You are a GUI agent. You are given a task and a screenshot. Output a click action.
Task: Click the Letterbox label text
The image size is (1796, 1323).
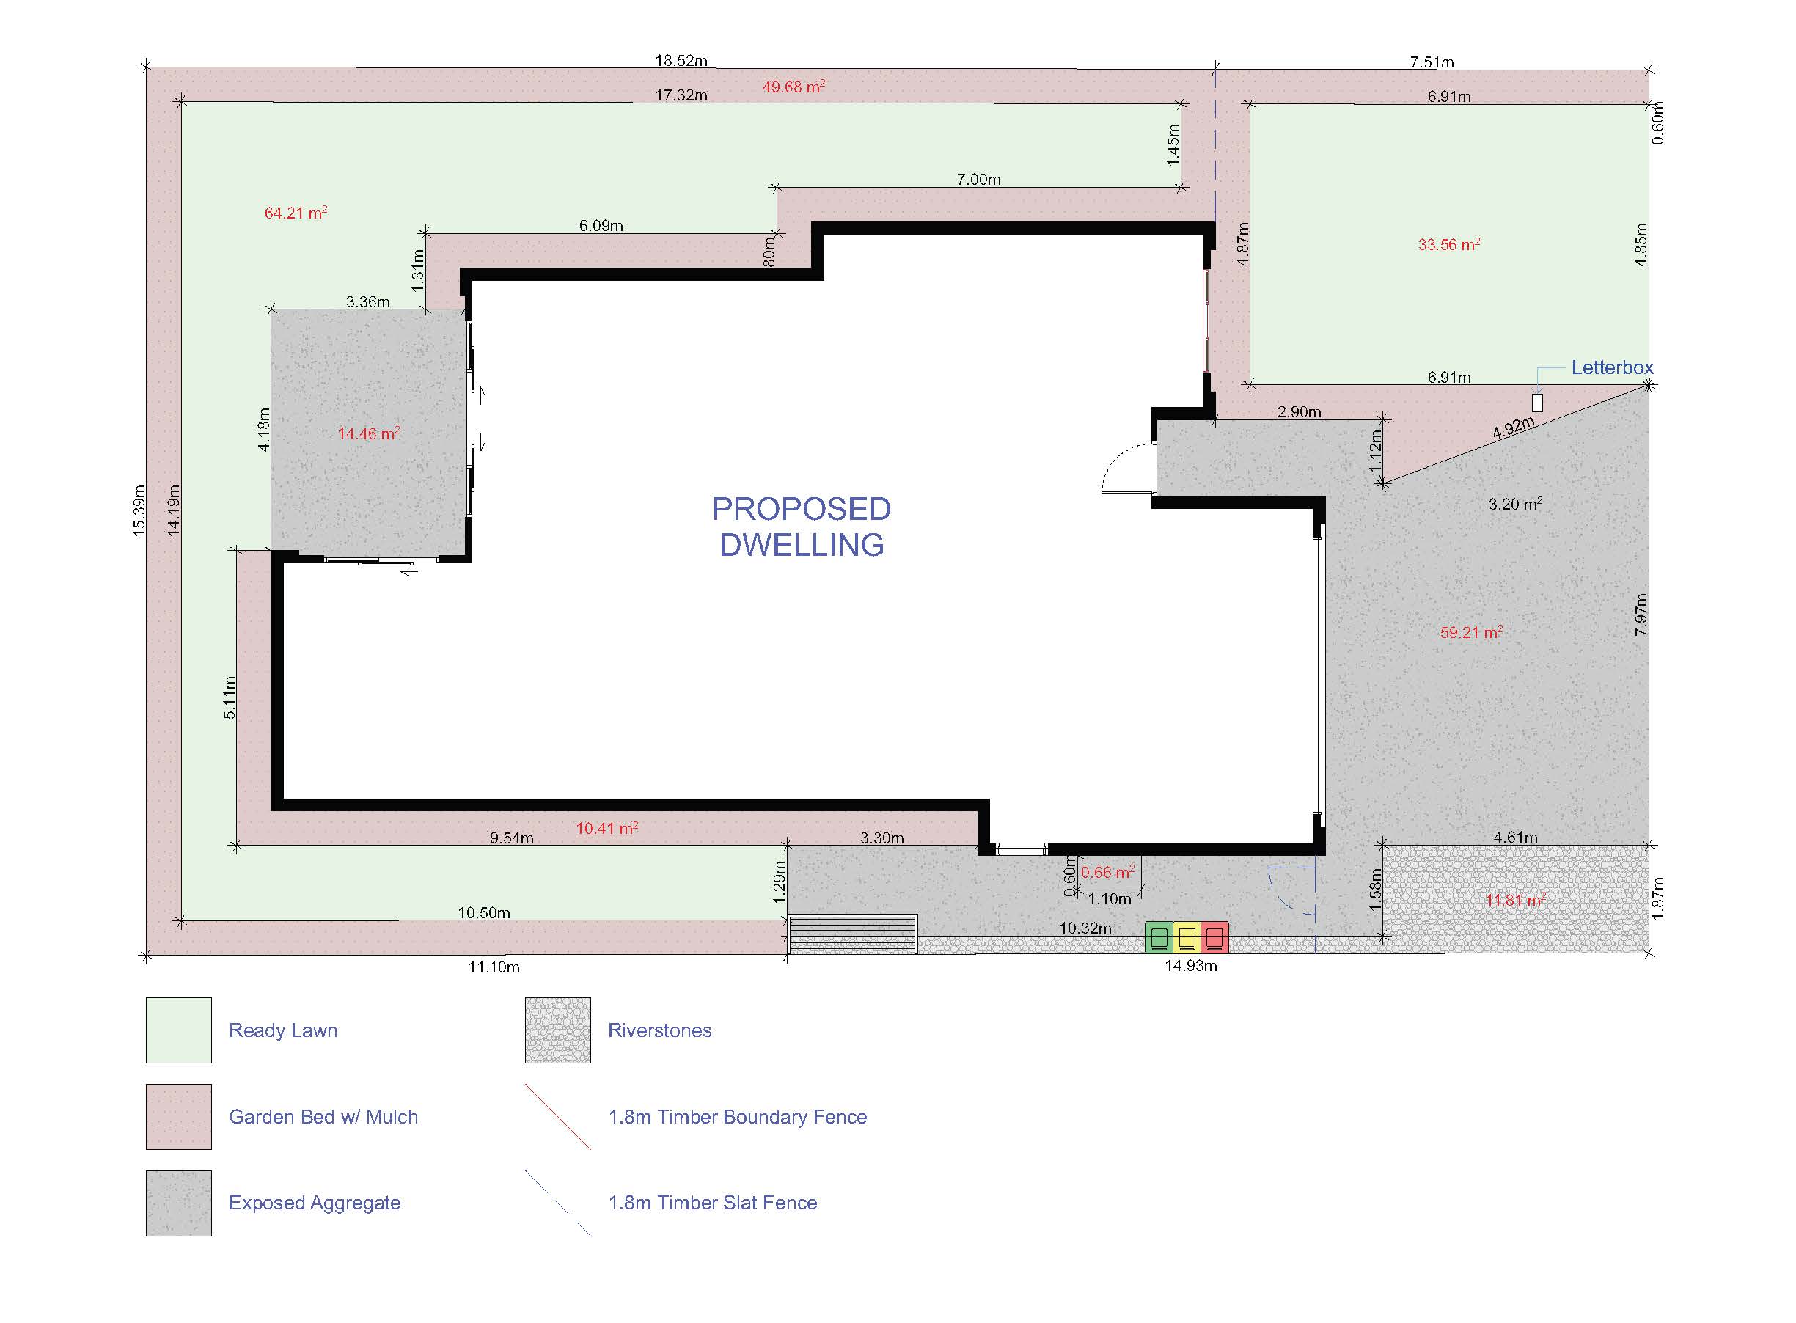click(1611, 367)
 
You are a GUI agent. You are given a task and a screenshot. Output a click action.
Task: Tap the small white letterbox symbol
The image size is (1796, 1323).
click(1536, 403)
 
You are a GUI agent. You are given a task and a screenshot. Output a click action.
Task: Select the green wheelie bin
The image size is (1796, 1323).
click(1159, 937)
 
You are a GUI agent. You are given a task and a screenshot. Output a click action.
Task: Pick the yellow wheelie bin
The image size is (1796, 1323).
click(1186, 937)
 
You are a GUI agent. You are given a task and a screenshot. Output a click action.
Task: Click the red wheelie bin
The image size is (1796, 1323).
click(1214, 937)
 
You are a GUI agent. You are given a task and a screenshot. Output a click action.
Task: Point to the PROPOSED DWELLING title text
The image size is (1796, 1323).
click(802, 527)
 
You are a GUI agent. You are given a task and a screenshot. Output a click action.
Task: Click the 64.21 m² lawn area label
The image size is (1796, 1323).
click(296, 213)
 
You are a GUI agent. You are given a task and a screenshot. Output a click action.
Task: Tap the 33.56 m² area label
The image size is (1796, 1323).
click(1448, 244)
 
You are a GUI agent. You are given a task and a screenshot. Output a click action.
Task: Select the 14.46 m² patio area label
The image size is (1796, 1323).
click(368, 433)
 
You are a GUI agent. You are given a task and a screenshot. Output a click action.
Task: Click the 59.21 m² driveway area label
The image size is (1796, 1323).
click(1471, 632)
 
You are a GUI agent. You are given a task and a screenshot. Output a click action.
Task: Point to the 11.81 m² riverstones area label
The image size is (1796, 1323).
click(1516, 900)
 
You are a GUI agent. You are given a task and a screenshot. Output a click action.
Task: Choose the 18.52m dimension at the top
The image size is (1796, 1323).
click(681, 60)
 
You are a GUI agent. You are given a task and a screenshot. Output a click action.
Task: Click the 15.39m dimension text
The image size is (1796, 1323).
click(139, 510)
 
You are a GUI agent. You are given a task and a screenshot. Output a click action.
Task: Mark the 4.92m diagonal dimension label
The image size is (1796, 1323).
click(1514, 428)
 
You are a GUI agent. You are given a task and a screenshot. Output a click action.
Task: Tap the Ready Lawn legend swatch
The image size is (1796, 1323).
click(178, 1030)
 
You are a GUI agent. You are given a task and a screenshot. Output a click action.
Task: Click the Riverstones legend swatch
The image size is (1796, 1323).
click(558, 1030)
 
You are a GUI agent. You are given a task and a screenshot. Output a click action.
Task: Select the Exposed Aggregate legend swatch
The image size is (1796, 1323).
click(178, 1203)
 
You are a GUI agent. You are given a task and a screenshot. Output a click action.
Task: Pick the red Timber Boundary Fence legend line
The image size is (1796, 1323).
click(558, 1116)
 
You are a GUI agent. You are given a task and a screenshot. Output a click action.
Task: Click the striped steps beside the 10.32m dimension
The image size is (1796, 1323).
click(853, 934)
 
